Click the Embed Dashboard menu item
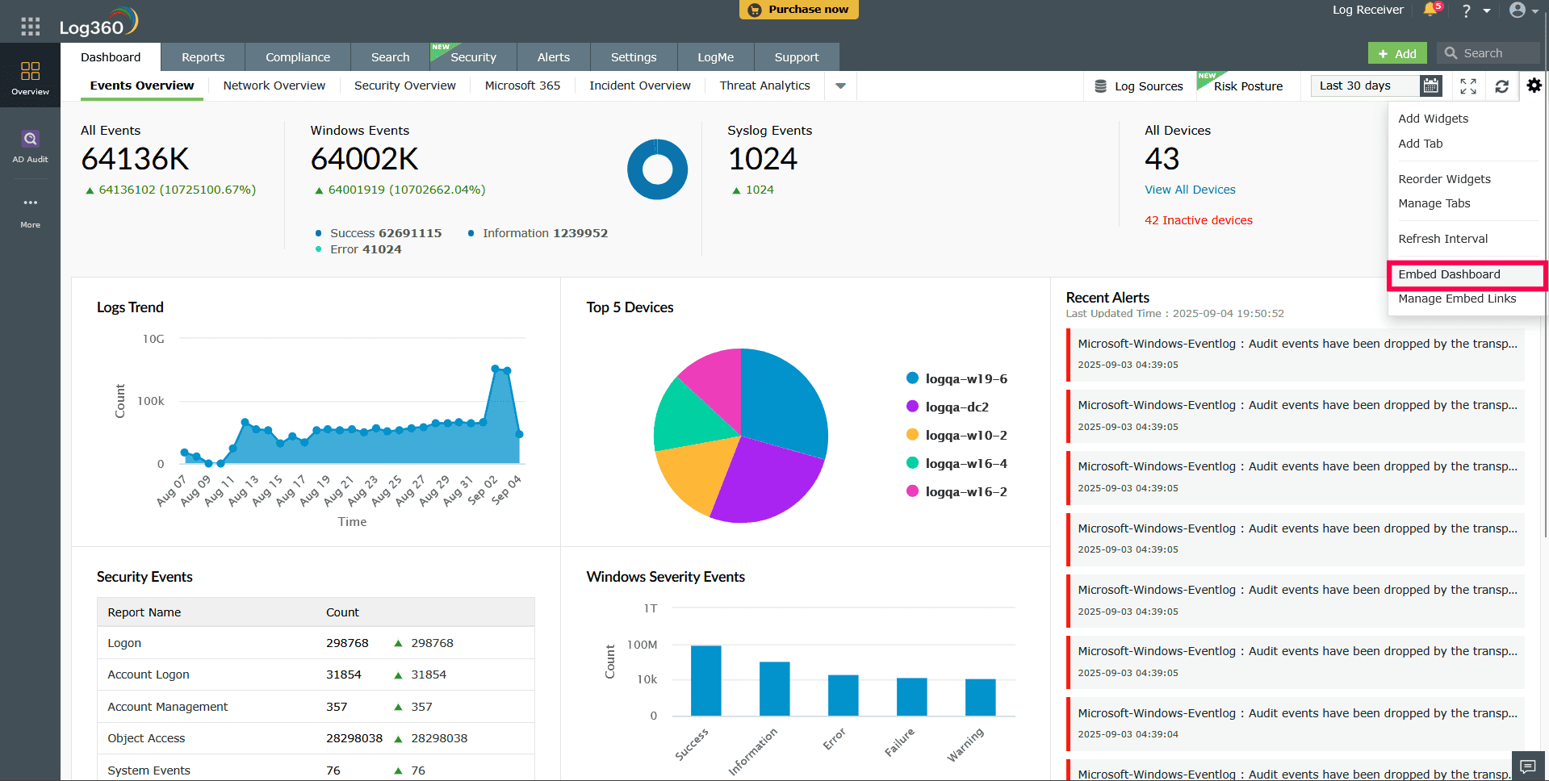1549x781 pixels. click(x=1449, y=274)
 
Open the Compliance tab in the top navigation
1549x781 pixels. click(x=298, y=57)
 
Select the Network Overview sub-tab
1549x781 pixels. click(x=274, y=86)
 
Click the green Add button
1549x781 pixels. click(x=1397, y=53)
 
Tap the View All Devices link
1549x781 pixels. click(x=1190, y=190)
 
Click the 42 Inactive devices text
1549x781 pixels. click(x=1198, y=220)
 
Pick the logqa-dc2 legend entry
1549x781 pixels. click(x=957, y=407)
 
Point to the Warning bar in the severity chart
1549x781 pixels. click(x=980, y=697)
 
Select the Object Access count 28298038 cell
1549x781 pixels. click(x=354, y=738)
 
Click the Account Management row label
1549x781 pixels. click(x=168, y=707)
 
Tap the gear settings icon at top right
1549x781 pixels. click(x=1534, y=85)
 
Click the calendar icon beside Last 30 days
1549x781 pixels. click(x=1431, y=86)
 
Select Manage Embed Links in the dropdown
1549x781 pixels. click(x=1457, y=299)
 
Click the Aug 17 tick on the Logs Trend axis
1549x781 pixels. click(x=291, y=490)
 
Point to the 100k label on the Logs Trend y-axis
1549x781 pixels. click(x=151, y=401)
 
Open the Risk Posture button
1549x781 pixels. click(x=1248, y=86)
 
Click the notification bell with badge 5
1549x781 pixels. click(x=1430, y=10)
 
